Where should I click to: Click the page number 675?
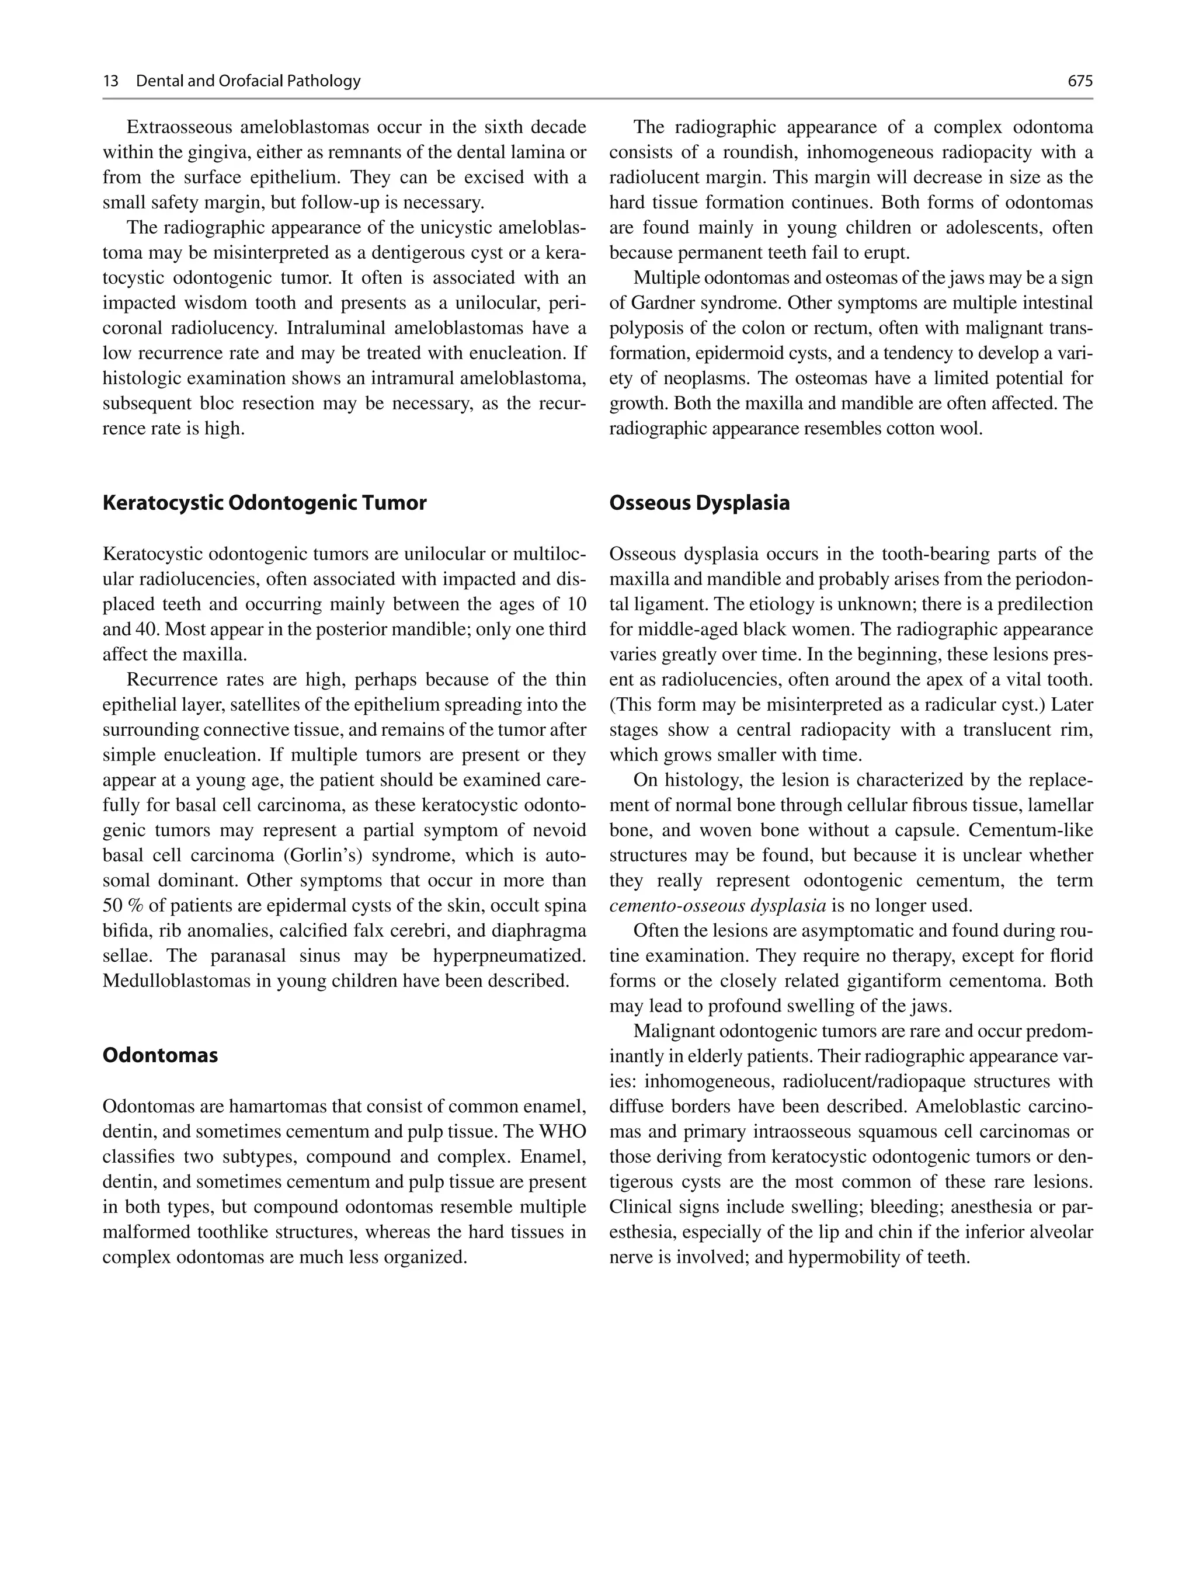pos(1080,81)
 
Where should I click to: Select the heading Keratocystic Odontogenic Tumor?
pos(265,503)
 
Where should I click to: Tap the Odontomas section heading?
pos(160,1055)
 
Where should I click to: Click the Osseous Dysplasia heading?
pos(699,503)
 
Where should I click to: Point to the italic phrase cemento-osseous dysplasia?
pos(718,906)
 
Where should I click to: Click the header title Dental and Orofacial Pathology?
pos(248,81)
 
